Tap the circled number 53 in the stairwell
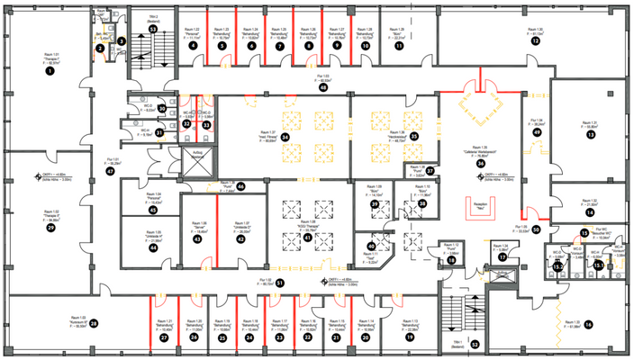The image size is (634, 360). click(x=153, y=29)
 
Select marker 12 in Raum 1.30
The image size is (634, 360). click(x=535, y=41)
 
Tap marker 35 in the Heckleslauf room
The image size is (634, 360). click(x=414, y=136)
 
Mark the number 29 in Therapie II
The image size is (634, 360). click(x=51, y=229)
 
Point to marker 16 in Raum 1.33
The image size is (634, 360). click(x=589, y=324)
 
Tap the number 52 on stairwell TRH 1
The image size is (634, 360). click(x=475, y=343)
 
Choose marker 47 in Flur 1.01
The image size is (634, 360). click(x=110, y=169)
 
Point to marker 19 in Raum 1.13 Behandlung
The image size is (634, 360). click(x=410, y=337)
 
